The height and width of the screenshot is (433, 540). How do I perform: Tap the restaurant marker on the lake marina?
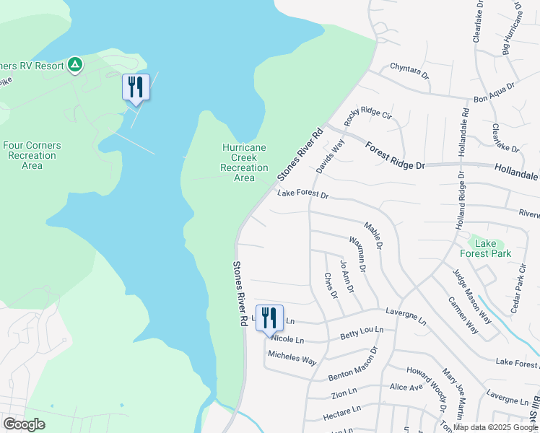point(136,87)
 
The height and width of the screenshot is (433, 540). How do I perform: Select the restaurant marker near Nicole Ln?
point(269,318)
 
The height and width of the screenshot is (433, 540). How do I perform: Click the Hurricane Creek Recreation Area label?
point(243,162)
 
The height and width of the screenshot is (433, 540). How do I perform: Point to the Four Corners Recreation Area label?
point(32,155)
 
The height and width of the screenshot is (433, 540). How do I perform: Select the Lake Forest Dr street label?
point(303,195)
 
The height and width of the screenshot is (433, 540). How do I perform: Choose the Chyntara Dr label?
point(409,70)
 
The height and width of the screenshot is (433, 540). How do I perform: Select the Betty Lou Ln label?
point(362,334)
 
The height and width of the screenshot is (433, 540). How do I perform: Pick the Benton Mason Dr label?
point(353,369)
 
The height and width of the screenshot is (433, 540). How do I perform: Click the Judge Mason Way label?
point(471,296)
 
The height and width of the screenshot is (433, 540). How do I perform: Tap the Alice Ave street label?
point(406,387)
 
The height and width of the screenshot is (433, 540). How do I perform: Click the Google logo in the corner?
point(24,424)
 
